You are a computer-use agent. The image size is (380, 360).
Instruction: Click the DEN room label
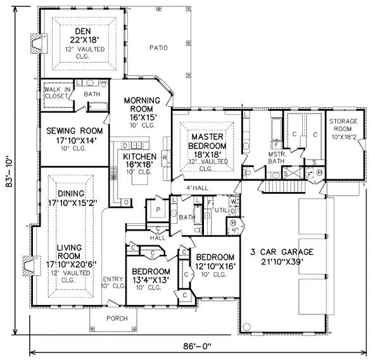tap(81, 30)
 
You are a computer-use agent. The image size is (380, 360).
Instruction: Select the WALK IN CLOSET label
tap(56, 94)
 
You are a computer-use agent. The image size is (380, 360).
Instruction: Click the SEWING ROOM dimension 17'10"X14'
tap(69, 141)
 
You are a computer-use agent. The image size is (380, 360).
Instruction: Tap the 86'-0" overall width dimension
tap(194, 346)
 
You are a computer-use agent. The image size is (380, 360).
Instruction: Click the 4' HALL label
tap(197, 188)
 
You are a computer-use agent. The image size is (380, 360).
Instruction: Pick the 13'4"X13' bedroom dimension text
tap(149, 279)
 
